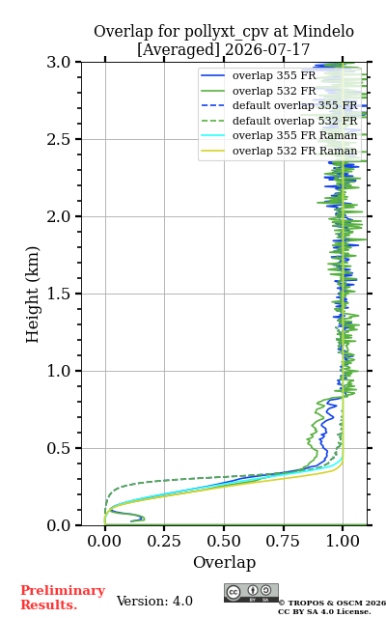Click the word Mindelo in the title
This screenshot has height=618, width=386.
(x=323, y=31)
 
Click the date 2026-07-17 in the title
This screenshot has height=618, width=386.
(x=267, y=49)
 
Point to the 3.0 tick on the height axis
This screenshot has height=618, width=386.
(x=58, y=62)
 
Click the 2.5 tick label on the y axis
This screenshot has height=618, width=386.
(x=58, y=139)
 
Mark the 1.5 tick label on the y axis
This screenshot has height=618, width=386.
(x=58, y=294)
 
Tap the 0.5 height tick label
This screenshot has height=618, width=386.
(x=58, y=448)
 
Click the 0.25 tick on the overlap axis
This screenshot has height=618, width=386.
(x=164, y=541)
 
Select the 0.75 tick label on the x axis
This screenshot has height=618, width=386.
(x=283, y=541)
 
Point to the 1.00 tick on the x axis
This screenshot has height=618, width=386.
(x=343, y=541)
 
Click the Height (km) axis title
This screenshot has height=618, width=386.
(x=32, y=295)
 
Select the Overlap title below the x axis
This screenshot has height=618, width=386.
(x=224, y=562)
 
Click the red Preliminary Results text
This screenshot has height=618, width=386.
(x=63, y=598)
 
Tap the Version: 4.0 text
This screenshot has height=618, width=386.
(x=154, y=601)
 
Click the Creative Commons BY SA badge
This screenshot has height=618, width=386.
(x=251, y=593)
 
